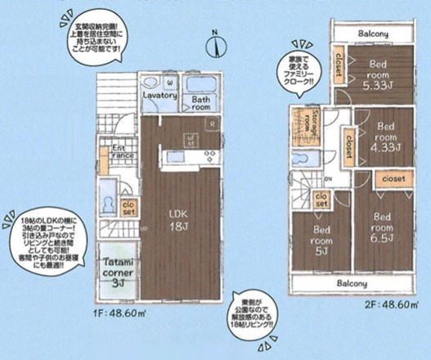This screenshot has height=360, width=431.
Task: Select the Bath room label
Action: point(202,104)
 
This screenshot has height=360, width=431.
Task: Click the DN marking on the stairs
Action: point(327,178)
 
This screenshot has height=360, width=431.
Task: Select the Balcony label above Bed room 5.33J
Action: point(372,34)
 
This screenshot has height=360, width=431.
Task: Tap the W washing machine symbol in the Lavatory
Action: point(169,83)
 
